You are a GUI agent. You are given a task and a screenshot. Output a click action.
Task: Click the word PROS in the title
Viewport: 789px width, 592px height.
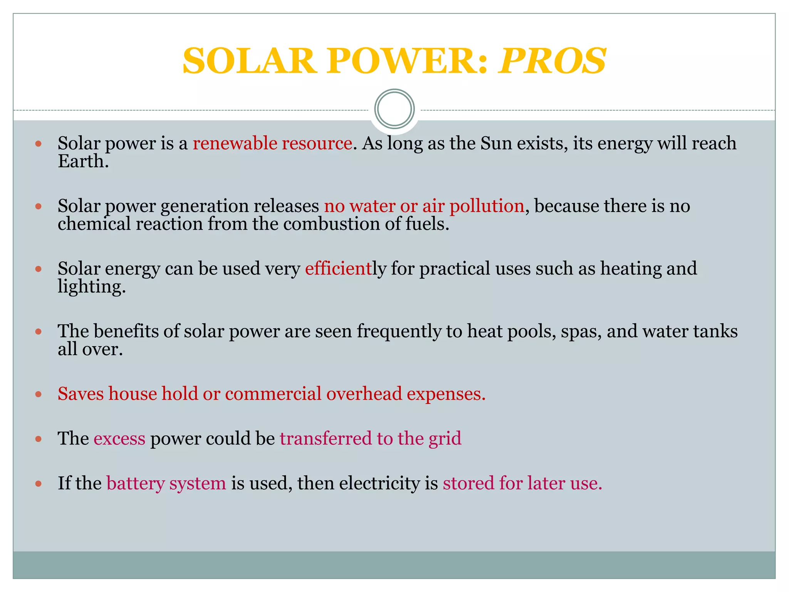click(552, 61)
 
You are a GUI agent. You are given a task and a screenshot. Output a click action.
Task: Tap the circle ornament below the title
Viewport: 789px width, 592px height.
click(394, 109)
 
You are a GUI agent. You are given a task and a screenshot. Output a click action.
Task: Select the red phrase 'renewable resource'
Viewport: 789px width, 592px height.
click(272, 143)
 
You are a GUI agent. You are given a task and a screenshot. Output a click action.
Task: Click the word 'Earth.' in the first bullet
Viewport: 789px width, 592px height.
click(83, 161)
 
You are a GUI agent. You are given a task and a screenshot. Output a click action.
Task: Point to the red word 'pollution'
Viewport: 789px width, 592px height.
click(487, 206)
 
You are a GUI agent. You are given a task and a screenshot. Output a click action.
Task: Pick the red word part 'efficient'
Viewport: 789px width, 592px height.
click(338, 268)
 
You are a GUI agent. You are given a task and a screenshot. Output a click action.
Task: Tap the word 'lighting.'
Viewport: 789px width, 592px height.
click(92, 287)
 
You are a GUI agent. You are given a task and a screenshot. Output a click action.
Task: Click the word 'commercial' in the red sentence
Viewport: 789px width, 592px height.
click(273, 394)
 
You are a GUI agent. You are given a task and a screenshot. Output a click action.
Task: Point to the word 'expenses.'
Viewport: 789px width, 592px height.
click(446, 394)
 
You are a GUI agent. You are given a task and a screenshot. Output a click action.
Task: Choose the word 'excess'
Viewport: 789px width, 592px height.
click(119, 439)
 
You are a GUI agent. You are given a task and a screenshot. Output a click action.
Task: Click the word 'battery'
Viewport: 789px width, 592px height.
click(135, 483)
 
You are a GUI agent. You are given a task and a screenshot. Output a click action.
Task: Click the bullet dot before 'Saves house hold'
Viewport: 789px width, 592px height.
click(38, 394)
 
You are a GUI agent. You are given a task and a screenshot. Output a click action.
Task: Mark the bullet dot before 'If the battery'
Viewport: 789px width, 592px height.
click(38, 483)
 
